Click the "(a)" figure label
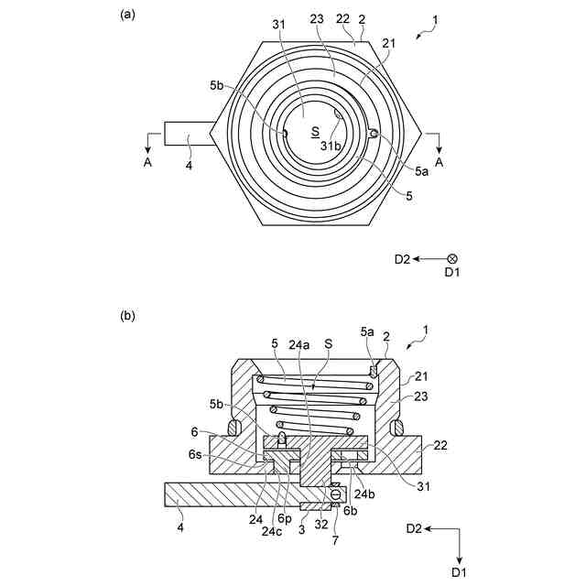pyautogui.click(x=127, y=15)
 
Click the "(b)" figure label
pyautogui.click(x=127, y=316)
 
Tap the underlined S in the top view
pyautogui.click(x=316, y=132)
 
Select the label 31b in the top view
pyautogui.click(x=331, y=146)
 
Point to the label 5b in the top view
pyautogui.click(x=216, y=85)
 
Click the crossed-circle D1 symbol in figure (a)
pyautogui.click(x=452, y=258)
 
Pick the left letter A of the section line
pyautogui.click(x=148, y=162)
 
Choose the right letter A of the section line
pyautogui.click(x=439, y=162)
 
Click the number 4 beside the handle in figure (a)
pyautogui.click(x=190, y=165)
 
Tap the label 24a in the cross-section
pyautogui.click(x=299, y=344)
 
